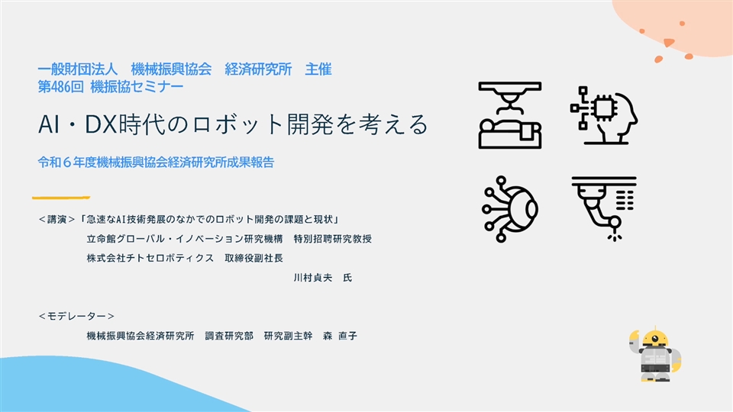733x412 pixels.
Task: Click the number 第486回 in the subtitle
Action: pos(61,86)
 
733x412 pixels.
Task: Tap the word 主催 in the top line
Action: pos(318,69)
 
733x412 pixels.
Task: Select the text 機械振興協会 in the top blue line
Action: pos(171,69)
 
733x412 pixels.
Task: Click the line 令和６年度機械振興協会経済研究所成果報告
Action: pos(156,162)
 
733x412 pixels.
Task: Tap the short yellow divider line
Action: pos(61,198)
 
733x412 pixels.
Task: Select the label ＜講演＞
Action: pos(57,219)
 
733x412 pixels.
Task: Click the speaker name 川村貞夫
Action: pos(313,278)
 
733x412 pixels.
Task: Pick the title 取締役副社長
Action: pos(253,258)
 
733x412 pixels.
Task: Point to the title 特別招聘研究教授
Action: pos(332,239)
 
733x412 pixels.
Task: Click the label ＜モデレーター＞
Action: pos(76,316)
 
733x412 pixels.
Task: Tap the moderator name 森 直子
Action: pos(340,336)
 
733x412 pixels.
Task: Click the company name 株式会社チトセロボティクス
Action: pos(150,258)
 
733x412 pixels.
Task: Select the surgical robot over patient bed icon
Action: pos(509,115)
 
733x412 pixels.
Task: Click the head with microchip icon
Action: pos(603,115)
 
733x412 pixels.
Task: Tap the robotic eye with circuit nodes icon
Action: pos(509,209)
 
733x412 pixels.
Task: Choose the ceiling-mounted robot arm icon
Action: pos(603,209)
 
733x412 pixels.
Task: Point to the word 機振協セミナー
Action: pos(137,86)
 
